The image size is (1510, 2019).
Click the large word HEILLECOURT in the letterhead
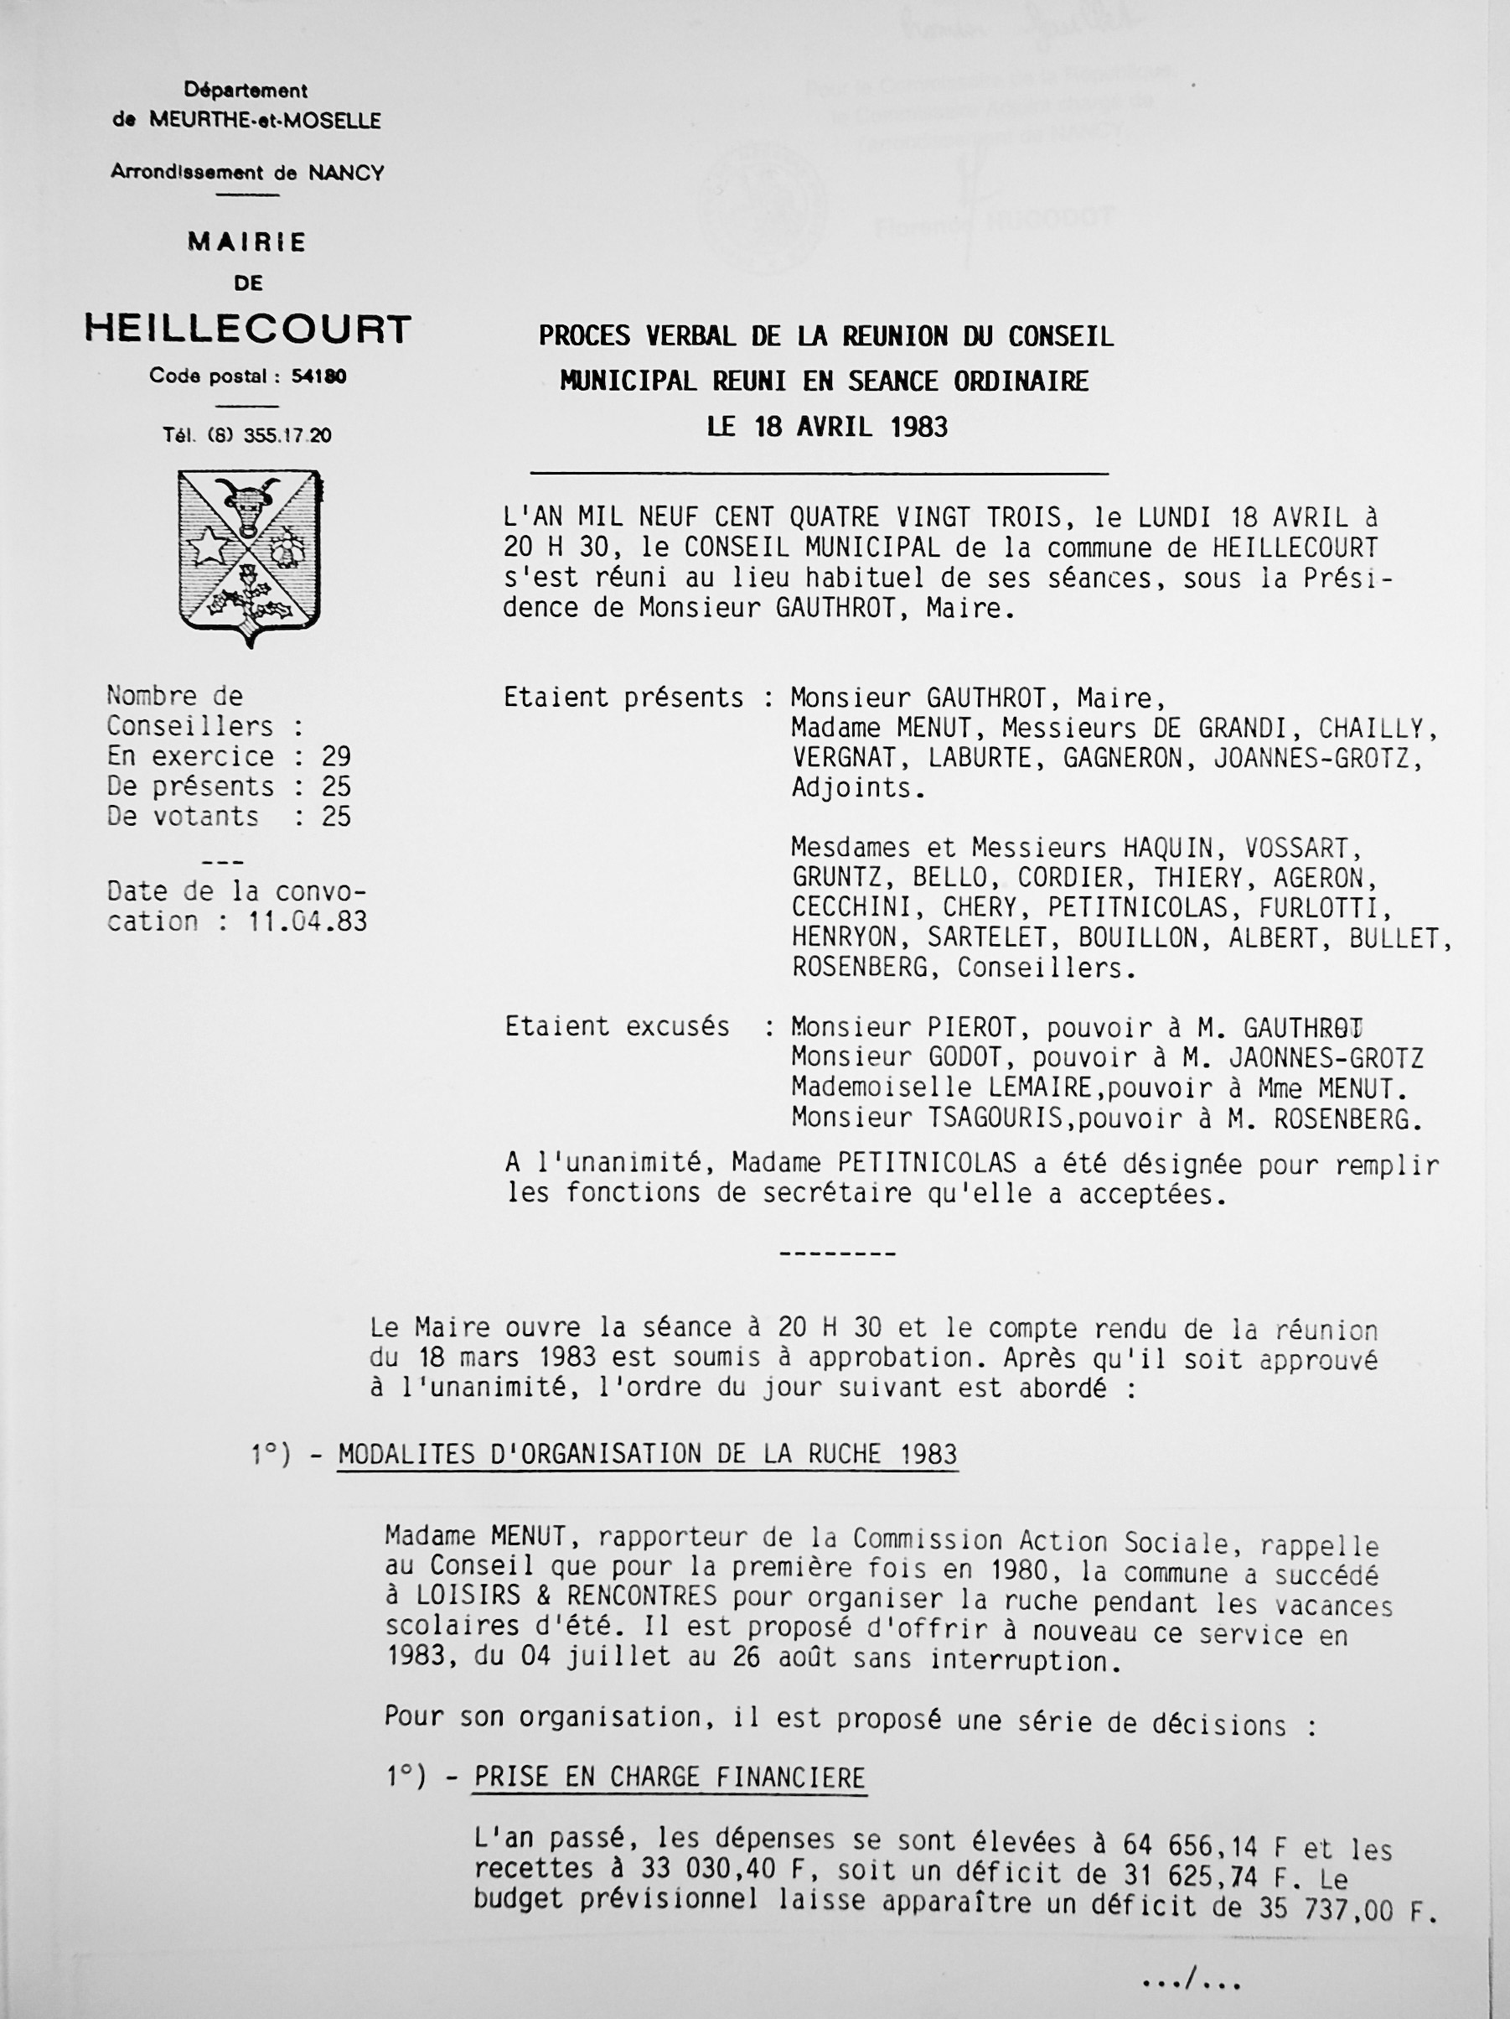(247, 329)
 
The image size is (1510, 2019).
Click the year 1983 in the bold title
(912, 427)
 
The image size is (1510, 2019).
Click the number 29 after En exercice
(336, 755)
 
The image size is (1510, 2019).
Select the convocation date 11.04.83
(308, 921)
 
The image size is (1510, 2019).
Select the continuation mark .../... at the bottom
(1190, 1980)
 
